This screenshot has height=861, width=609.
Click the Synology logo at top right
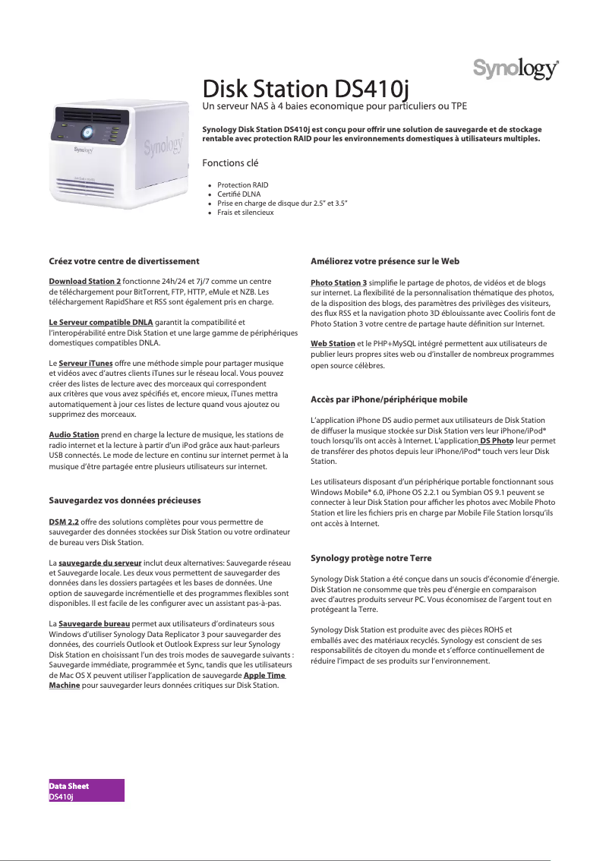[x=516, y=68]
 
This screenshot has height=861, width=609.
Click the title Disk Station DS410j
[x=305, y=89]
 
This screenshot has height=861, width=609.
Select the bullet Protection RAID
[x=242, y=185]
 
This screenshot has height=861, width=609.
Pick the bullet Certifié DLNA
[x=238, y=194]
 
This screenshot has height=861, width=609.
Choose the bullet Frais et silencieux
[x=245, y=213]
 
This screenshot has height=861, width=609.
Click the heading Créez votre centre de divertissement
[x=124, y=261]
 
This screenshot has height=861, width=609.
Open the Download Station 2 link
[x=84, y=282]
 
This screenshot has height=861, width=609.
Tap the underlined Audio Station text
[x=74, y=434]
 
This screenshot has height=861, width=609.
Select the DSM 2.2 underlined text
[x=64, y=522]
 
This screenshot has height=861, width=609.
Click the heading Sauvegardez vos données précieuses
[x=125, y=501]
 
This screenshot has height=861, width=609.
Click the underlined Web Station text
[x=333, y=344]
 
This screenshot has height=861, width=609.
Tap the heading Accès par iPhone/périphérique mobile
[x=389, y=399]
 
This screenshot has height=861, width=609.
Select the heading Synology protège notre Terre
[x=371, y=558]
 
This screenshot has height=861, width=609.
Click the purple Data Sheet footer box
[x=86, y=790]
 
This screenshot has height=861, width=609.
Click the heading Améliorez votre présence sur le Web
[x=385, y=261]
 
